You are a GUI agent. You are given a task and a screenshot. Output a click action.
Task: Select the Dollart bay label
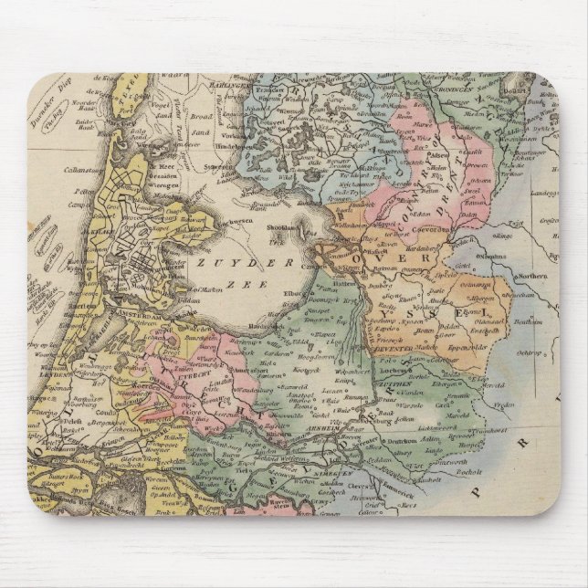pos(539,93)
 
